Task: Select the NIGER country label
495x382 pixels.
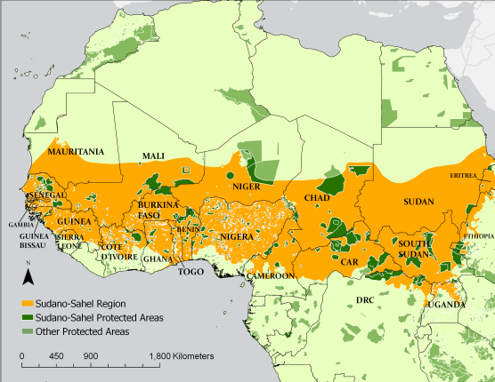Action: click(246, 187)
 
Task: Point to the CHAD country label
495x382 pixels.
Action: click(318, 197)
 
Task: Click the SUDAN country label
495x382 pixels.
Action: click(418, 202)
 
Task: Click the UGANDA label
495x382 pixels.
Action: click(446, 305)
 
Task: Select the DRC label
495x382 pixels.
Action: click(365, 300)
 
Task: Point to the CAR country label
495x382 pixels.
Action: click(349, 263)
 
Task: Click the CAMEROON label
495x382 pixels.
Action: click(271, 276)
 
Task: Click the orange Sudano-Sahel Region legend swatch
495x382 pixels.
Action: click(28, 301)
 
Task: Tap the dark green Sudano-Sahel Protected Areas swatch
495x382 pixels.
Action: click(28, 315)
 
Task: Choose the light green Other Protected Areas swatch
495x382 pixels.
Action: click(28, 330)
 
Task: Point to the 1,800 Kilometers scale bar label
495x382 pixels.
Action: click(182, 355)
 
